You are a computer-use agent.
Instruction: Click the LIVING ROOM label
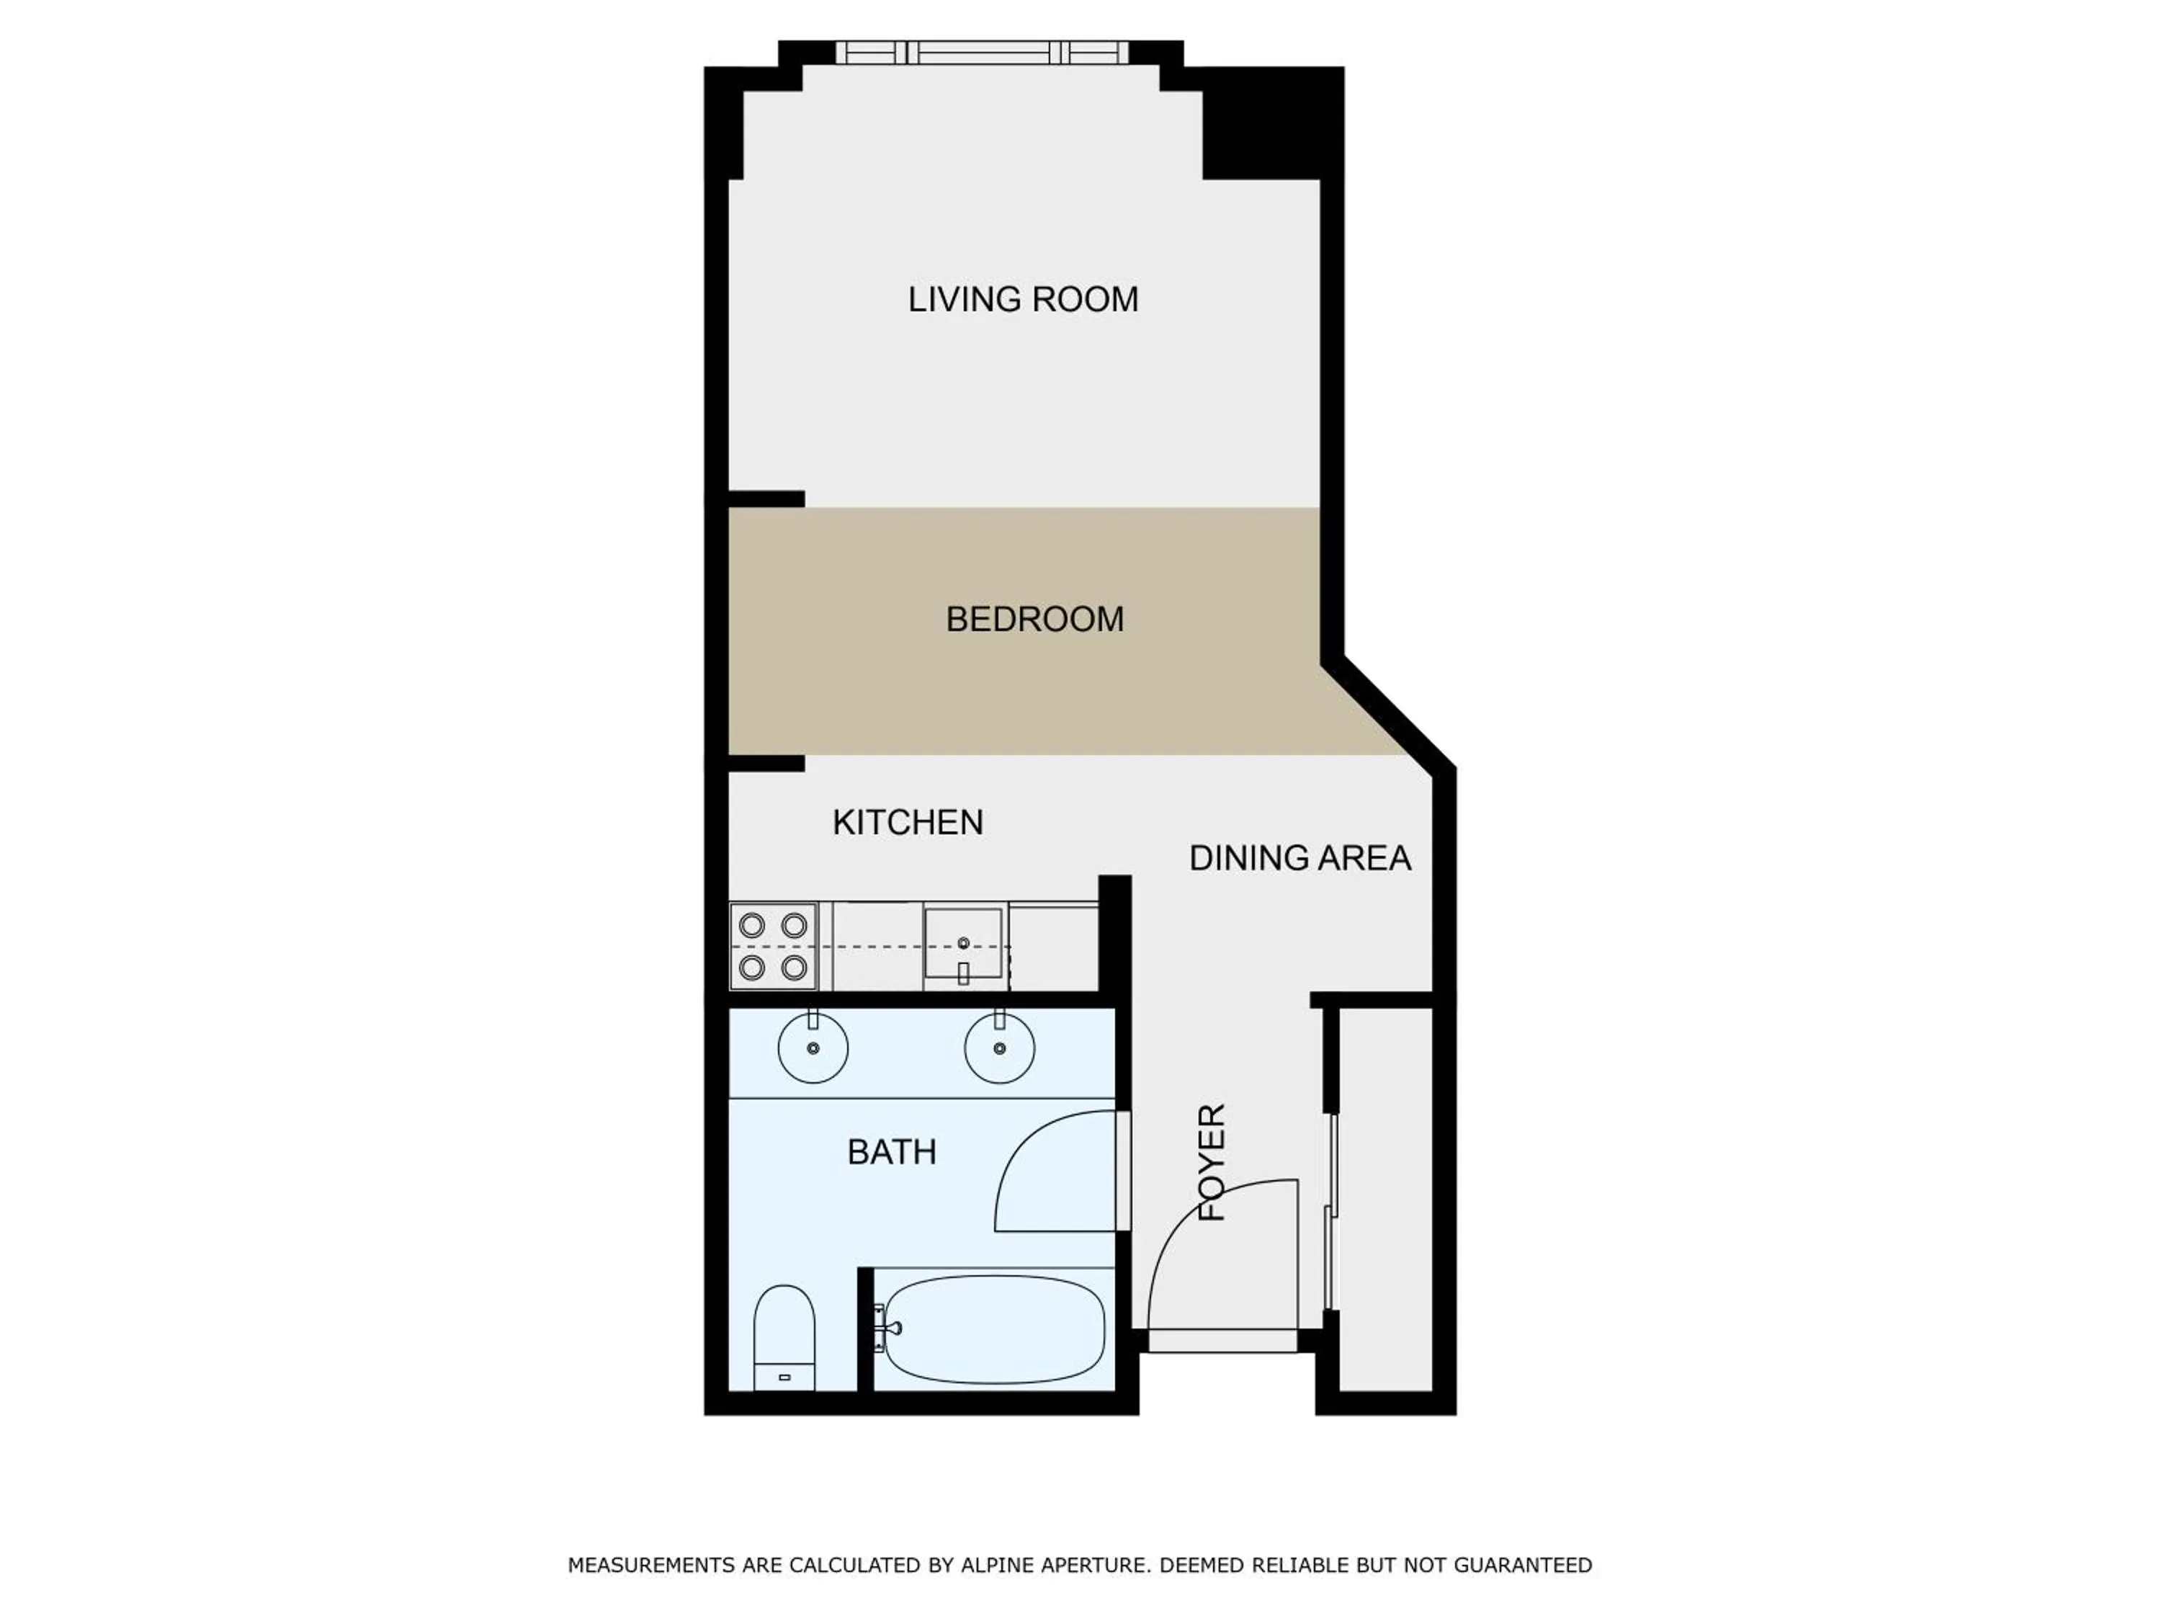tap(1023, 299)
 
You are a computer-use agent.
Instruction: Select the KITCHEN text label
tap(908, 822)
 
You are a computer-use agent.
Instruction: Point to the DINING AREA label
tap(1299, 858)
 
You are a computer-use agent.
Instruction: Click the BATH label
tap(891, 1152)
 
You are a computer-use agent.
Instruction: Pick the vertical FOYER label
tap(1212, 1162)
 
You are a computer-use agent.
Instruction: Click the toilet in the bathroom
tap(784, 1336)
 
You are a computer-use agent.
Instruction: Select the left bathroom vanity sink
tap(813, 1048)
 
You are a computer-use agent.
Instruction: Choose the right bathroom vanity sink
tap(998, 1048)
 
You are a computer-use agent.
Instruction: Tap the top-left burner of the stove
tap(751, 924)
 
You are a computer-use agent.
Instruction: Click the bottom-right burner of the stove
tap(795, 968)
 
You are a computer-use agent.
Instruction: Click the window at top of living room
tap(982, 52)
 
